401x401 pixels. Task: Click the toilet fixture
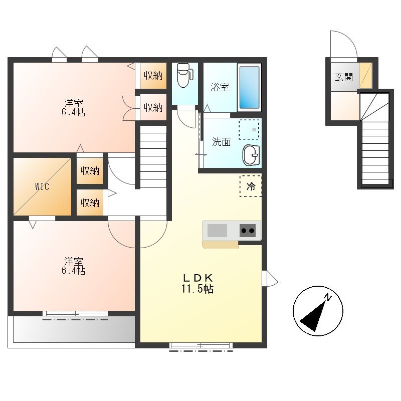pyautogui.click(x=184, y=75)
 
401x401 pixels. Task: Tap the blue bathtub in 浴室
pyautogui.click(x=249, y=87)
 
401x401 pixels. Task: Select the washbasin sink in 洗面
pyautogui.click(x=251, y=155)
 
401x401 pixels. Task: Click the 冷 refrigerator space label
pyautogui.click(x=251, y=186)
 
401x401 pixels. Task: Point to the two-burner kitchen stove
pyautogui.click(x=248, y=231)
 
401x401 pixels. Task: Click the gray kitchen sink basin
pyautogui.click(x=217, y=231)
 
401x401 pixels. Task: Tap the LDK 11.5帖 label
pyautogui.click(x=197, y=283)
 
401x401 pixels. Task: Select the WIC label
pyautogui.click(x=42, y=186)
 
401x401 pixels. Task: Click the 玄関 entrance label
pyautogui.click(x=344, y=77)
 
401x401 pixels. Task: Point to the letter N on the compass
pyautogui.click(x=328, y=297)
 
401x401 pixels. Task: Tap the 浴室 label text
pyautogui.click(x=220, y=87)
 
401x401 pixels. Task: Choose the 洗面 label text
pyautogui.click(x=221, y=141)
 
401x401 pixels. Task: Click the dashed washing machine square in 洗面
pyautogui.click(x=249, y=129)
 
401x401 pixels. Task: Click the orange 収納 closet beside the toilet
pyautogui.click(x=153, y=76)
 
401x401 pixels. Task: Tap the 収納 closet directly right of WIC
pyautogui.click(x=90, y=170)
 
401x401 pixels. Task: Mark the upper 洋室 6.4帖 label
pyautogui.click(x=73, y=107)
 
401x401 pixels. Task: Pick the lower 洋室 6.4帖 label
pyautogui.click(x=73, y=266)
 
